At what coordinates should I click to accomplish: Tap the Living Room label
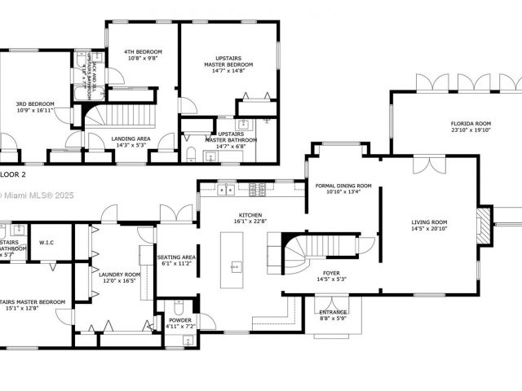click(431, 221)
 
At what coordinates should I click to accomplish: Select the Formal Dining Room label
click(343, 186)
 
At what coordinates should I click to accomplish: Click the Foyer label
click(330, 273)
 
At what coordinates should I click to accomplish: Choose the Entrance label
click(333, 312)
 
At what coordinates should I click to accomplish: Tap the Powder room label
click(180, 320)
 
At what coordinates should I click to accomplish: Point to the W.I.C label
click(46, 243)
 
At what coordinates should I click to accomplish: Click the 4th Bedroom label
click(141, 53)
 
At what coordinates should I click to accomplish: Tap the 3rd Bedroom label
click(36, 103)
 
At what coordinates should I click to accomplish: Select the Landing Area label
click(130, 138)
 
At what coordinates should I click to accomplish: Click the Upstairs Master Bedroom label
click(228, 60)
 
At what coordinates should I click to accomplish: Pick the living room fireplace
click(484, 225)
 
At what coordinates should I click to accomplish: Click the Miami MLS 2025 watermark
click(33, 195)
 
